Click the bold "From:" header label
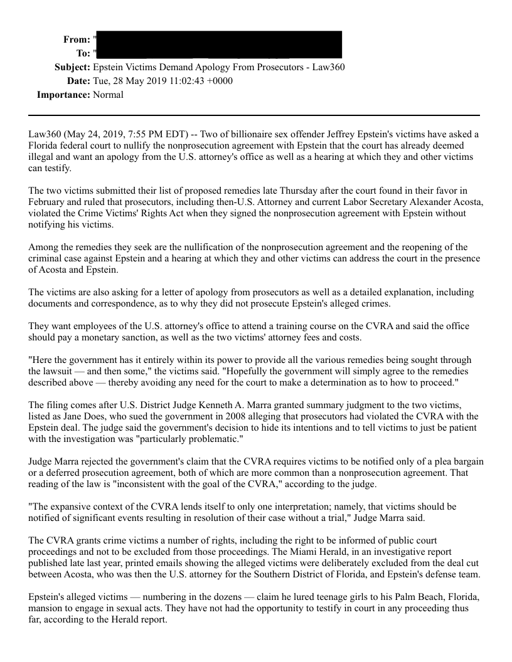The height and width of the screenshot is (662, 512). click(x=77, y=39)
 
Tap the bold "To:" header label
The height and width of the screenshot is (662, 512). click(x=83, y=53)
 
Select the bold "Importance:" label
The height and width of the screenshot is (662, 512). click(x=63, y=95)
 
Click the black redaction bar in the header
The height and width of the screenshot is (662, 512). click(x=220, y=45)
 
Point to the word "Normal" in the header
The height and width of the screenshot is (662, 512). click(x=109, y=95)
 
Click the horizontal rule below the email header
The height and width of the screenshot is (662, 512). click(x=254, y=115)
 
